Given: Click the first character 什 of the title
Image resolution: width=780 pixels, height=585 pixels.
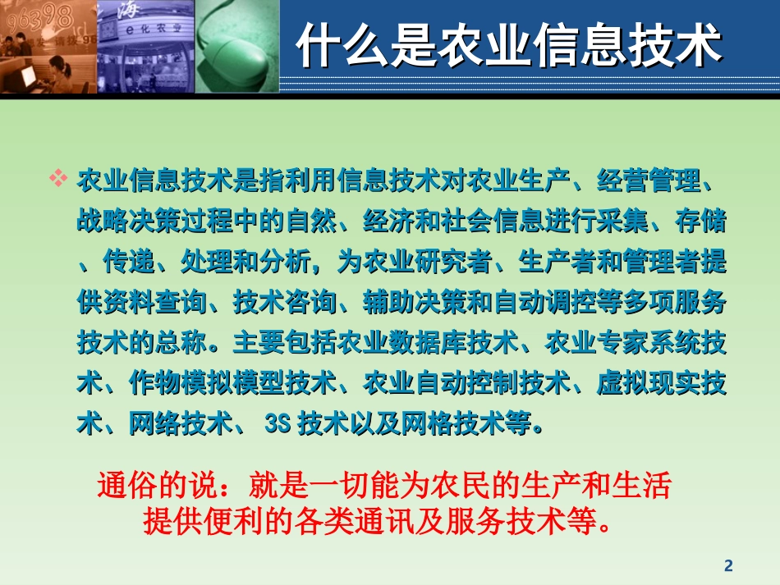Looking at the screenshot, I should (x=317, y=46).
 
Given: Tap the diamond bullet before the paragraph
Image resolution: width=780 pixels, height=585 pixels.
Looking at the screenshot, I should (x=58, y=179).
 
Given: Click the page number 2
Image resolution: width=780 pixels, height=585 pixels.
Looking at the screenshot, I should (x=727, y=565).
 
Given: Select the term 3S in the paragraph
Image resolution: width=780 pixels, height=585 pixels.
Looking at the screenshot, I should (x=278, y=426).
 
